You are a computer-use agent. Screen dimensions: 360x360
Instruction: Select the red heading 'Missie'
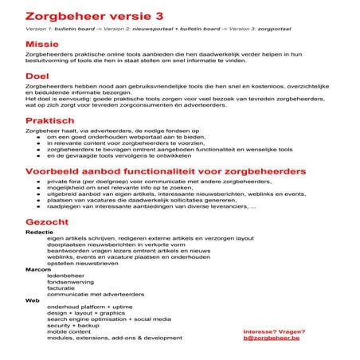41,44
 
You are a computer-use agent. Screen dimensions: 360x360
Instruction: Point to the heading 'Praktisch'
50,120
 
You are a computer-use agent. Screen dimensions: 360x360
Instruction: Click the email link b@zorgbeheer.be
272,338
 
